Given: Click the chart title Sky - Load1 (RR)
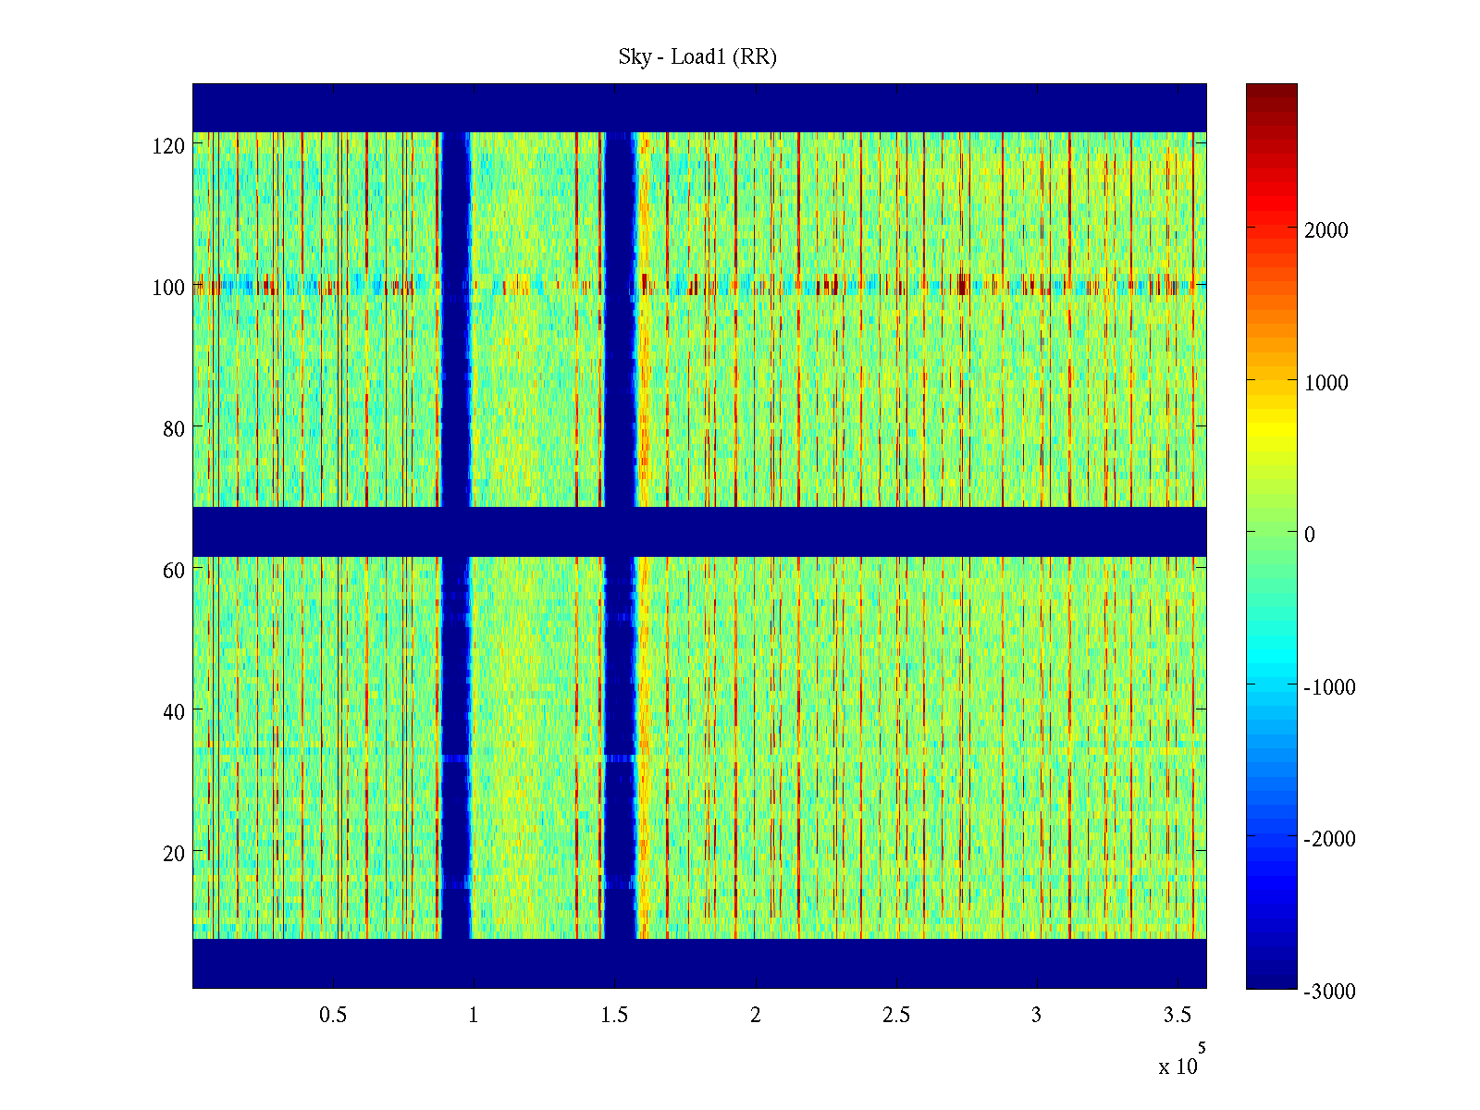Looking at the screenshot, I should pyautogui.click(x=697, y=57).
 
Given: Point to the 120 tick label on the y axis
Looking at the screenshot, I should pyautogui.click(x=168, y=146).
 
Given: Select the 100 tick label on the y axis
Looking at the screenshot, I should pyautogui.click(x=168, y=288).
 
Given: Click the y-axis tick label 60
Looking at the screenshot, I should pyautogui.click(x=174, y=571).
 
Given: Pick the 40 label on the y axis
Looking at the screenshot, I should pyautogui.click(x=174, y=712).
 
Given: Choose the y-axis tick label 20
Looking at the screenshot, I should pyautogui.click(x=174, y=854).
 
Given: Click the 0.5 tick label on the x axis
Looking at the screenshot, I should pyautogui.click(x=333, y=1016).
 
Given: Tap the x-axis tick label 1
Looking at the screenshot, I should pyautogui.click(x=474, y=1016).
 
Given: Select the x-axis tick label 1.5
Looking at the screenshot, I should pyautogui.click(x=614, y=1016).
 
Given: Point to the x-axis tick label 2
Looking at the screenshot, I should pyautogui.click(x=756, y=1016).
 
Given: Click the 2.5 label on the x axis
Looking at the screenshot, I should pyautogui.click(x=896, y=1016).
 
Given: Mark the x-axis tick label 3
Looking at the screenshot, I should pyautogui.click(x=1037, y=1016).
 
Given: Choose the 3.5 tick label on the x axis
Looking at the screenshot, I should pyautogui.click(x=1177, y=1016).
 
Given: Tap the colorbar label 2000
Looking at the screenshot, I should pyautogui.click(x=1326, y=231).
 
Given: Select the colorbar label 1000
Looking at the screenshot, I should pyautogui.click(x=1326, y=383).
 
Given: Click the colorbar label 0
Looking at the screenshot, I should pyautogui.click(x=1309, y=535).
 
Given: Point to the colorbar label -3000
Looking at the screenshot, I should pyautogui.click(x=1329, y=992).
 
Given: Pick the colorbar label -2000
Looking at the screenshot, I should pyautogui.click(x=1329, y=839).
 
